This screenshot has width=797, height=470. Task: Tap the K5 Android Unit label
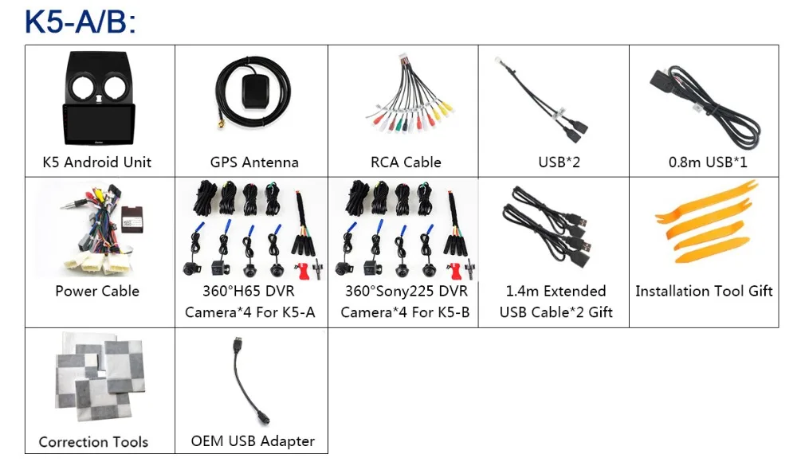[x=97, y=162]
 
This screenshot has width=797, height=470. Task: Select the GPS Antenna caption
[x=254, y=162]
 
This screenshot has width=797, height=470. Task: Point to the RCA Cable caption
[x=406, y=162]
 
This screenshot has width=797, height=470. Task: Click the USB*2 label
[x=559, y=162]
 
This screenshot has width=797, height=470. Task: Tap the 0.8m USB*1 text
[x=708, y=162]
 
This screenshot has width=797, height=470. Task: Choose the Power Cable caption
[x=97, y=291]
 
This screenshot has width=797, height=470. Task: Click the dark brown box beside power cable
[x=132, y=220]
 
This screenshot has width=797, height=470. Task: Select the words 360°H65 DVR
[x=249, y=291]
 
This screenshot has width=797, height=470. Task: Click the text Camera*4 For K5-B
[x=405, y=312]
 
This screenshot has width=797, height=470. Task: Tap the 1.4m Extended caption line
[x=556, y=291]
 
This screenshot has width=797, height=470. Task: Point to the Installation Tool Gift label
[x=704, y=291]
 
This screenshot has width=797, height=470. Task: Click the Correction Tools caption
[x=93, y=442]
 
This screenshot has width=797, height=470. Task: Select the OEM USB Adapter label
[x=253, y=441]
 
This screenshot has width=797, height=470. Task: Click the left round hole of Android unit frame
[x=82, y=87]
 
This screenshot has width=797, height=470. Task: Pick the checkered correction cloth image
[x=100, y=377]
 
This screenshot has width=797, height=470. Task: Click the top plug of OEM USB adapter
[x=238, y=343]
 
